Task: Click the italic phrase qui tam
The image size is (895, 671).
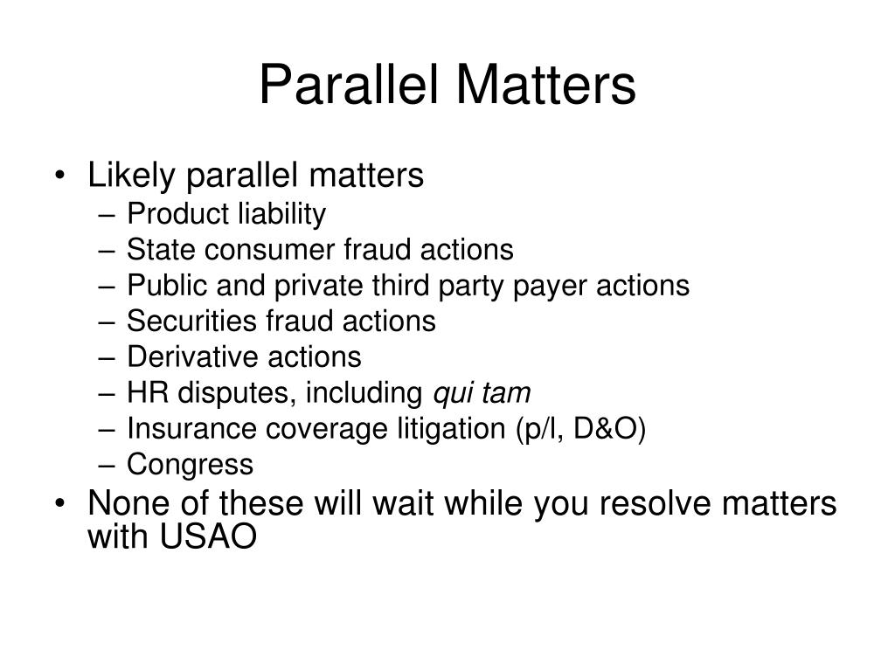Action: click(482, 393)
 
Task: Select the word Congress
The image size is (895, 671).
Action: click(190, 465)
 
